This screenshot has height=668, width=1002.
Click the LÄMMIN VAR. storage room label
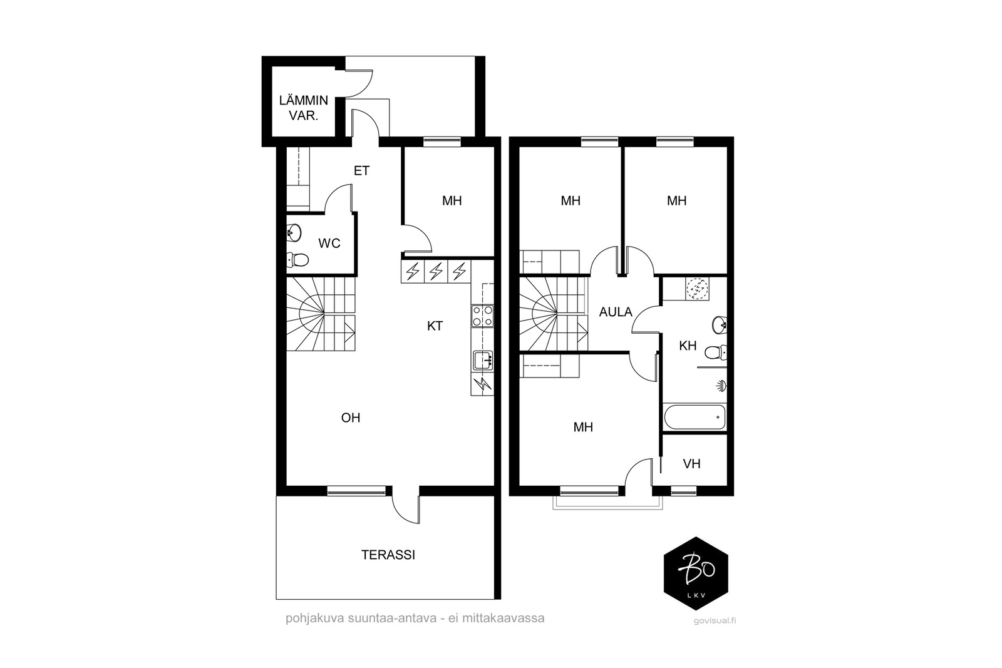[x=304, y=108]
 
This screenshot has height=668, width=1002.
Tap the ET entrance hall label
[x=361, y=171]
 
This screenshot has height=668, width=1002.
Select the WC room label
[x=329, y=244]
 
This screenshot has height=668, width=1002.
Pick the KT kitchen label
[x=435, y=326]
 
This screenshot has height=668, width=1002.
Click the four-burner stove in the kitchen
[x=482, y=316]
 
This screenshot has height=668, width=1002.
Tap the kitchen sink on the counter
[x=483, y=361]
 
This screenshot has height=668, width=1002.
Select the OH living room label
[x=351, y=418]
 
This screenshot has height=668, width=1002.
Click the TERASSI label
[x=388, y=555]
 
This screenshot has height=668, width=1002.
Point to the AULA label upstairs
[x=616, y=312]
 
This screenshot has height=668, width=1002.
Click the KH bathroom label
[x=688, y=346]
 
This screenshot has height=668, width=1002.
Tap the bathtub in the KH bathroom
[x=695, y=417]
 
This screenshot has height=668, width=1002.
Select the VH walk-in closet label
[x=691, y=464]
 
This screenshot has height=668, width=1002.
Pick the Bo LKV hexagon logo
[x=696, y=573]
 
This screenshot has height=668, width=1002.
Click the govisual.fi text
[x=715, y=620]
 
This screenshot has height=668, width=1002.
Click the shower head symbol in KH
[x=721, y=386]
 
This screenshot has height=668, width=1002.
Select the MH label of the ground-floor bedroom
[x=452, y=201]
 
